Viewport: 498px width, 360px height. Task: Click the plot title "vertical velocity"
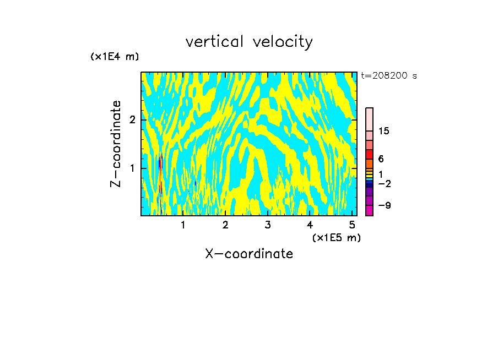[x=249, y=42]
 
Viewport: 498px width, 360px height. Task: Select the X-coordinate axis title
[x=249, y=254]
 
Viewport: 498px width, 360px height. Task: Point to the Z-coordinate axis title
[x=116, y=144]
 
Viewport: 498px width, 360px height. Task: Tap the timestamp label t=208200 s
[x=389, y=76]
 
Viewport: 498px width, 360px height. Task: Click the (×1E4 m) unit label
[x=115, y=57]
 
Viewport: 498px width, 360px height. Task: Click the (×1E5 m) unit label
[x=336, y=237]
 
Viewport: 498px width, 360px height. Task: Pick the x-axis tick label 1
[x=183, y=225]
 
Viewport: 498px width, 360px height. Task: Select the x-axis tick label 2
[x=225, y=225]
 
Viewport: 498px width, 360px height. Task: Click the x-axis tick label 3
[x=268, y=225]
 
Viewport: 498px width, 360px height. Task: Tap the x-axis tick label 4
[x=310, y=225]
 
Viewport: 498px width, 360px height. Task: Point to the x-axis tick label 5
[x=352, y=225]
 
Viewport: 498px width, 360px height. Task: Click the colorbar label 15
[x=384, y=131]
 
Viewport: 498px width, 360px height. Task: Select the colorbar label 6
[x=381, y=159]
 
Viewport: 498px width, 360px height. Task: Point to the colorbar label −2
[x=384, y=183]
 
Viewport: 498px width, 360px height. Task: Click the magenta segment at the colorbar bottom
[x=369, y=211]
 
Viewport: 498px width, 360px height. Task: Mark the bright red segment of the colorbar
[x=369, y=155]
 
